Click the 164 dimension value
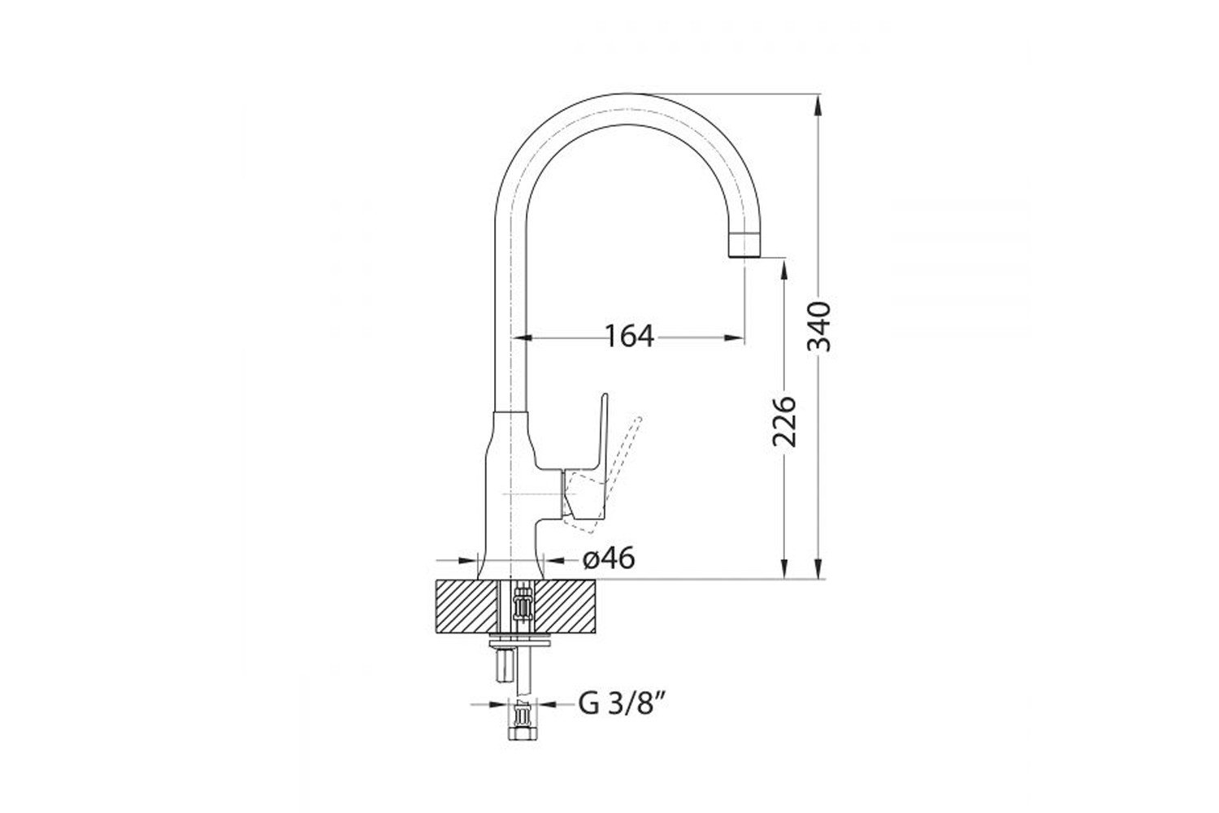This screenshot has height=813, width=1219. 630,337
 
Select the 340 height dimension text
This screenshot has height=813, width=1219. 819,326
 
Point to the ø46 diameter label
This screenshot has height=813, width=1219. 609,559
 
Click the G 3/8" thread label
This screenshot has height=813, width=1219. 623,704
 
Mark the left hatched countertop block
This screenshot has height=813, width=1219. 467,606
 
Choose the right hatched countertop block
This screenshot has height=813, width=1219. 565,606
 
